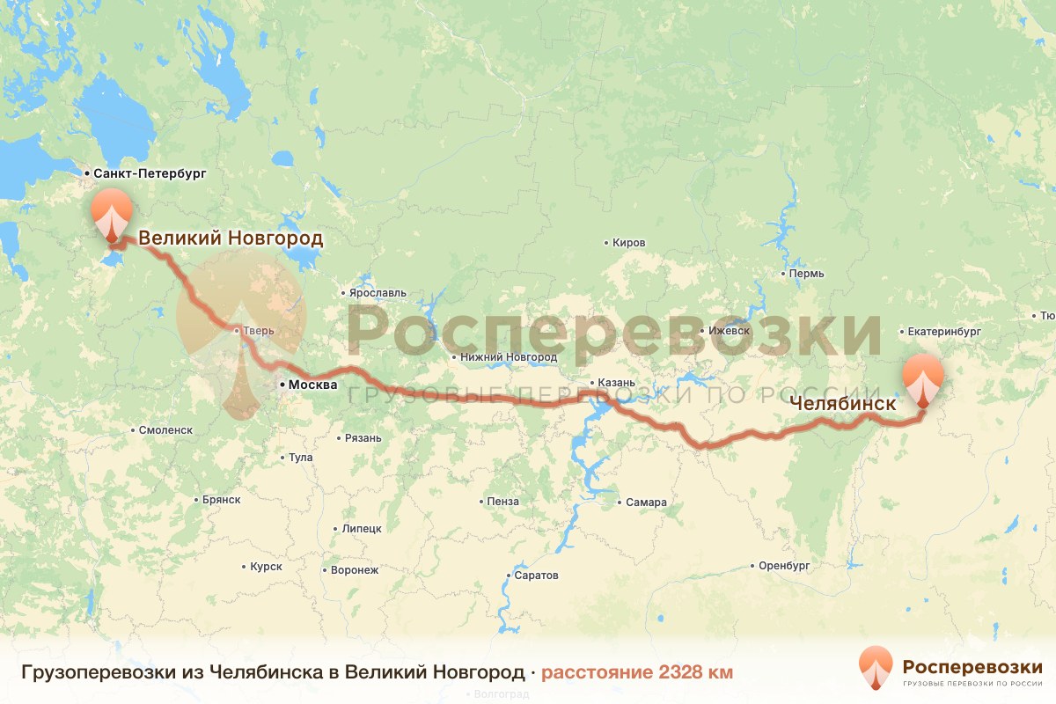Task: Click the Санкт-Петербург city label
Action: pyautogui.click(x=149, y=174)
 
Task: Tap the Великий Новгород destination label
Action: pyautogui.click(x=231, y=238)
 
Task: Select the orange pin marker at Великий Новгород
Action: pyautogui.click(x=112, y=212)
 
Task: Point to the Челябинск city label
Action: pyautogui.click(x=842, y=405)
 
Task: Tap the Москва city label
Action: pyautogui.click(x=312, y=385)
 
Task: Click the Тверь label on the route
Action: pyautogui.click(x=260, y=331)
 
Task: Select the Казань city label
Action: pyautogui.click(x=615, y=384)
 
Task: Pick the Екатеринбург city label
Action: pyautogui.click(x=944, y=332)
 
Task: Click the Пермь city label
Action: pyautogui.click(x=806, y=274)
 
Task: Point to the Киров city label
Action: pyautogui.click(x=628, y=243)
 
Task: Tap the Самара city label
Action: pyautogui.click(x=646, y=502)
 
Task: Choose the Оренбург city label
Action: pyautogui.click(x=783, y=566)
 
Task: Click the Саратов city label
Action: pyautogui.click(x=538, y=576)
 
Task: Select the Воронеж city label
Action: pyautogui.click(x=354, y=570)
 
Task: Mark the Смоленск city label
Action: pyautogui.click(x=165, y=430)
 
